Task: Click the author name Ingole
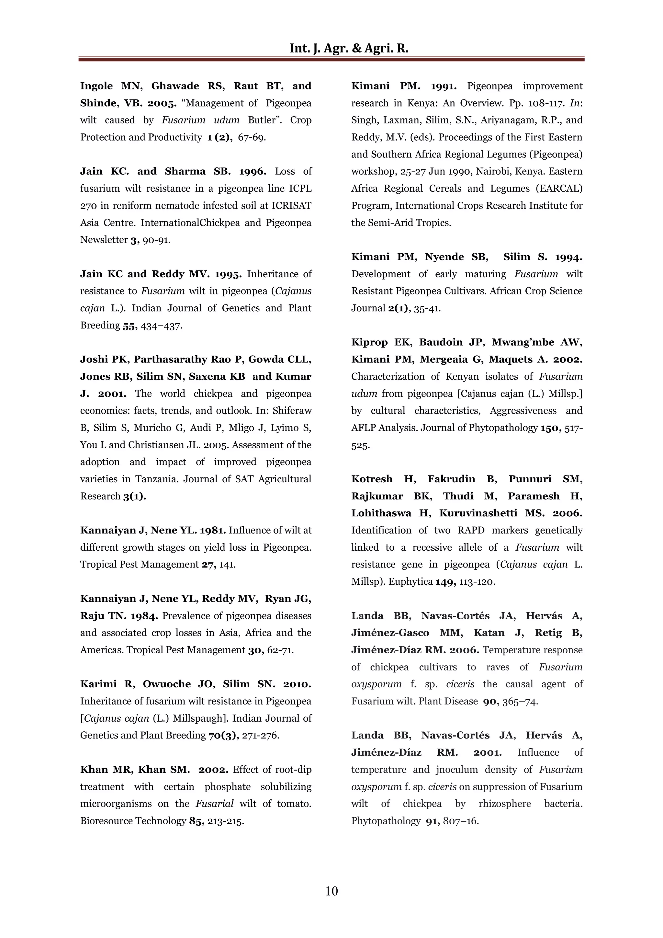click(96, 86)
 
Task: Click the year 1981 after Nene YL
click(212, 531)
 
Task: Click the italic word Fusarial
click(215, 804)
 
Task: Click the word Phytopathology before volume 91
click(386, 821)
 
